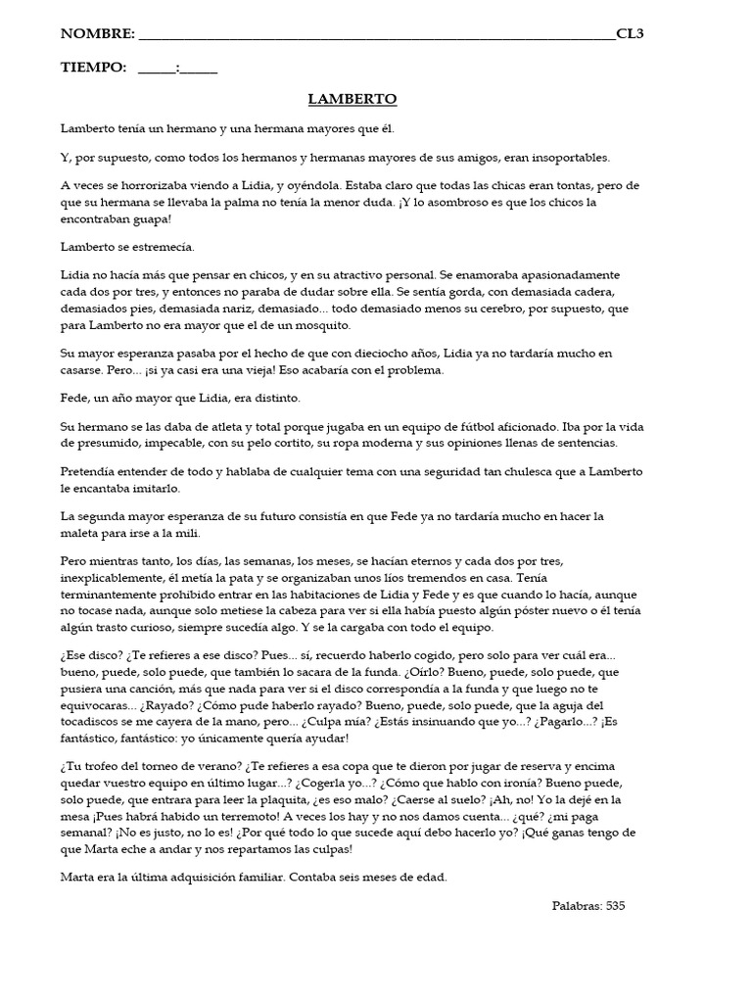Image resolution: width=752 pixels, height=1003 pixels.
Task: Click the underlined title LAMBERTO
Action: (x=352, y=99)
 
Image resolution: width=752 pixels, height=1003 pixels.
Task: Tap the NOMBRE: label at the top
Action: (x=98, y=34)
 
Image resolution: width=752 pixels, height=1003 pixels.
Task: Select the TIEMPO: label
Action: (x=94, y=68)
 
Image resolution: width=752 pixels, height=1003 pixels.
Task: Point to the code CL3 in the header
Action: (x=631, y=34)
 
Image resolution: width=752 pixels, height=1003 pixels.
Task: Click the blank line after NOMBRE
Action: (x=377, y=36)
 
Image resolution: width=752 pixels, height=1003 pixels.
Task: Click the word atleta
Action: (x=220, y=427)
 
